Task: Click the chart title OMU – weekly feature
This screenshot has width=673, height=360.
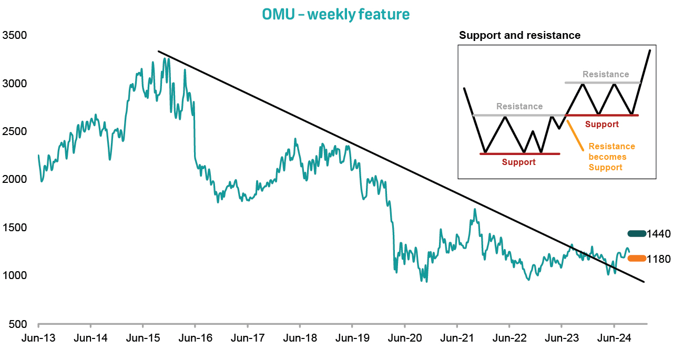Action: tap(335, 14)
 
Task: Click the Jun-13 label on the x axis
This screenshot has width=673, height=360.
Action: tap(38, 338)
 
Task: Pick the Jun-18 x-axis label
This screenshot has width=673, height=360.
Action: tap(300, 338)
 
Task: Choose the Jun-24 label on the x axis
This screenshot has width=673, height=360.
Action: tap(614, 338)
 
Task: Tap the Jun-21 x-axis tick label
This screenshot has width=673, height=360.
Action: tap(457, 338)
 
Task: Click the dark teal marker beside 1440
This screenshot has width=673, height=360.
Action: tap(636, 234)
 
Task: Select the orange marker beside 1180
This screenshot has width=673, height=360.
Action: tap(637, 258)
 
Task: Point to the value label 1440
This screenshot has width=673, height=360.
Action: tap(659, 234)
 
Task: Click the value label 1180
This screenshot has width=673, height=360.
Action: tap(659, 259)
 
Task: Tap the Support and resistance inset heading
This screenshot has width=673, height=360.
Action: tap(519, 36)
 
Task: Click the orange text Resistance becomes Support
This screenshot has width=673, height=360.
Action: tap(611, 157)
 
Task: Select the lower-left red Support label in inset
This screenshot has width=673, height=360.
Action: tap(518, 162)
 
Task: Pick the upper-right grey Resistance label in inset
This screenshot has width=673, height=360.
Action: tap(606, 75)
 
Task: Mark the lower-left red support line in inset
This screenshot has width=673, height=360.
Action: tap(521, 153)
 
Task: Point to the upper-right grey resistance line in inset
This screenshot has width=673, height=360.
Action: tap(603, 83)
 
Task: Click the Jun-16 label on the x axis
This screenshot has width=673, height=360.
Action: tap(196, 338)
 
